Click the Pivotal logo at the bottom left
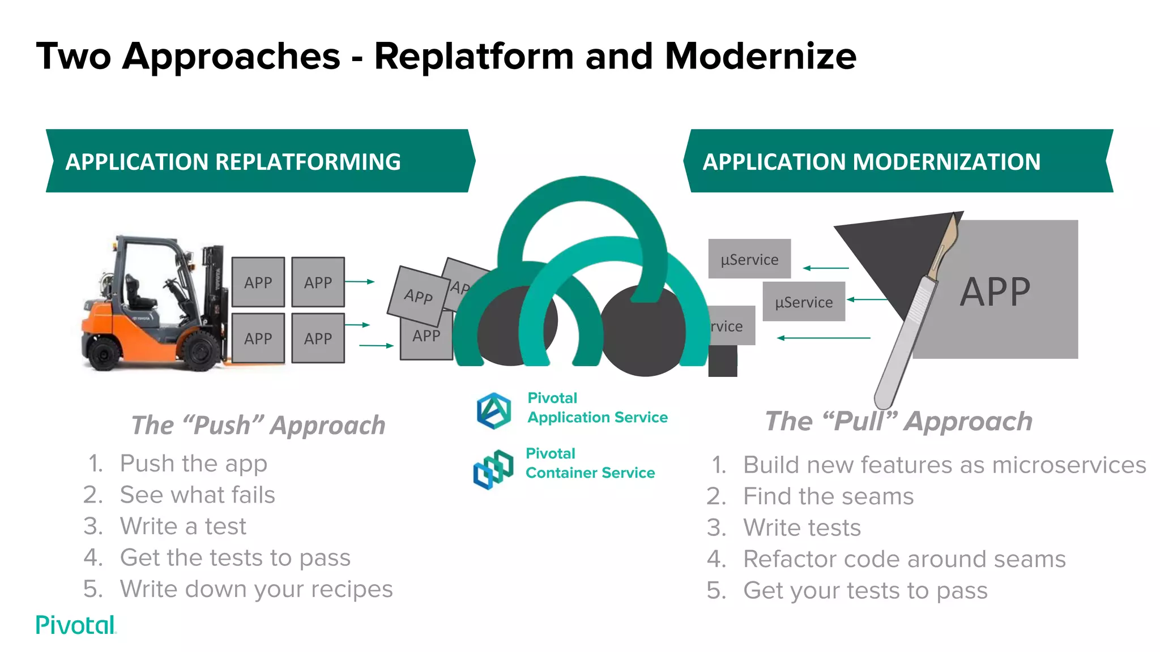pyautogui.click(x=76, y=625)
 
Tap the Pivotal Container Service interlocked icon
pyautogui.click(x=493, y=469)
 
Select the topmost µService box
pyautogui.click(x=749, y=259)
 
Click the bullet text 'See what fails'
pyautogui.click(x=197, y=495)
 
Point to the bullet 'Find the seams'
pyautogui.click(x=828, y=496)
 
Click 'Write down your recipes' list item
pyautogui.click(x=256, y=589)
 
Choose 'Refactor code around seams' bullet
pyautogui.click(x=904, y=559)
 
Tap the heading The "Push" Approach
pyautogui.click(x=258, y=425)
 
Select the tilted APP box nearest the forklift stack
pyautogui.click(x=418, y=295)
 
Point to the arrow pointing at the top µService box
pyautogui.click(x=826, y=268)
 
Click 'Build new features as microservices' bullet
pyautogui.click(x=944, y=465)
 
